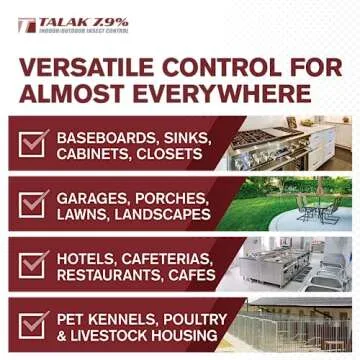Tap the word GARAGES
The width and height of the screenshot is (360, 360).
110,198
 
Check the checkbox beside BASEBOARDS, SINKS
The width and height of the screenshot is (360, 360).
34,146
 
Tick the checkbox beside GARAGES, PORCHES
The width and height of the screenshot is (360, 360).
34,207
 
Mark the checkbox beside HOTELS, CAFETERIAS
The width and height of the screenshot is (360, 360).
34,267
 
